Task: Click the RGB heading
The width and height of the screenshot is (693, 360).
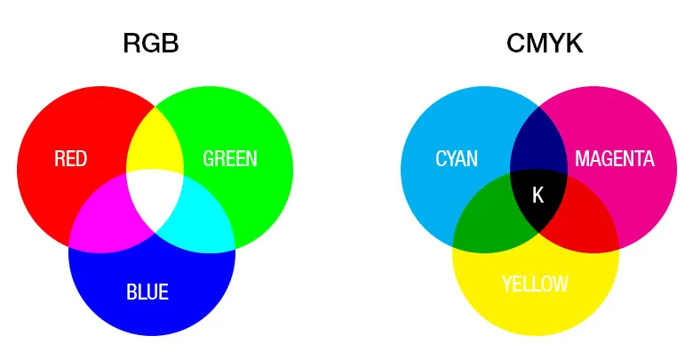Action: coord(151,44)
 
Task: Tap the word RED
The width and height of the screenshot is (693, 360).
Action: coord(71,159)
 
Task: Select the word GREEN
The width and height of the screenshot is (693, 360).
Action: coord(230,159)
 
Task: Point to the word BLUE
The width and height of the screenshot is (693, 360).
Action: coord(147,292)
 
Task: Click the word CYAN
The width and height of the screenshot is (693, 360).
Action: coord(457,159)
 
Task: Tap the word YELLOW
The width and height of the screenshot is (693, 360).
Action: coord(535,284)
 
